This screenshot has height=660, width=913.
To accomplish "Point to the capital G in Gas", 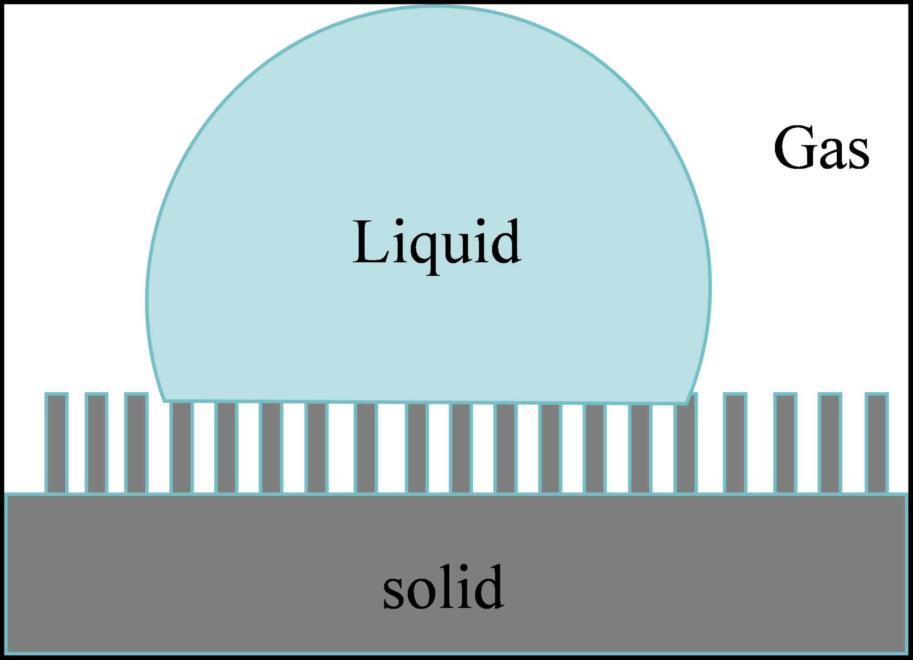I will pos(794,147).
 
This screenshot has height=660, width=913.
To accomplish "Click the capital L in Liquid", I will pos(370,242).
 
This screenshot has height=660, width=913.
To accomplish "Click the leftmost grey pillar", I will pos(57,443).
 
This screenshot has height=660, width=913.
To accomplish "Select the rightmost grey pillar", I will pos(876,443).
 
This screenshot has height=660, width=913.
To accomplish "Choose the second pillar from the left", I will pos(96,443).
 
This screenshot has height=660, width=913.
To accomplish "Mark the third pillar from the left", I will pos(136,443).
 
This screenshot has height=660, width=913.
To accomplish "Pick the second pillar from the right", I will pos(829,443).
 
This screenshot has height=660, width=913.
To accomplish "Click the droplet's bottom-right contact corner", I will pos(686,403).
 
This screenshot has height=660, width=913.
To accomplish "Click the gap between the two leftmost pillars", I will pos(76,443).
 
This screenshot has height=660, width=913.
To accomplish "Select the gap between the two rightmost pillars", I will pos(853,443).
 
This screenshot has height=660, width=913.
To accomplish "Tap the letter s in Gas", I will pos(858,155).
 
